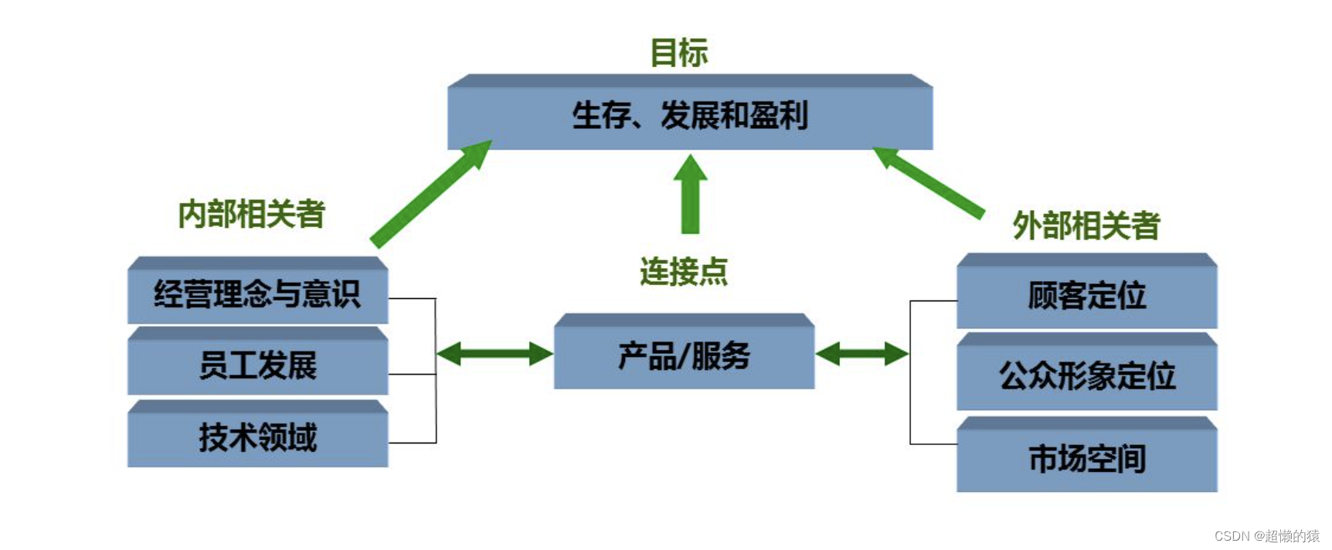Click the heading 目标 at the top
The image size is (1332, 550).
678,53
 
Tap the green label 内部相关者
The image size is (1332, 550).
251,214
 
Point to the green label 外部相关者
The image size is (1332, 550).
1086,226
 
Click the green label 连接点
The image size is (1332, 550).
683,272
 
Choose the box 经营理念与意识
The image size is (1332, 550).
257,294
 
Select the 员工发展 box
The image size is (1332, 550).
257,365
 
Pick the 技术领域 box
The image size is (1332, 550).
257,437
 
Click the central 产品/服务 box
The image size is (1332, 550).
684,356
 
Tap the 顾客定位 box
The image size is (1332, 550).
1086,296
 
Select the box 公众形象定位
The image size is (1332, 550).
1086,376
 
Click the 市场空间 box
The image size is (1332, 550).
1086,459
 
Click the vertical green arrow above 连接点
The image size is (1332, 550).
690,197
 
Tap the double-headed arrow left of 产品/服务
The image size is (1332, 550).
494,355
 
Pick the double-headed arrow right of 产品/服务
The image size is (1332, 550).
862,355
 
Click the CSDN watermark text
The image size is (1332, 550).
1266,536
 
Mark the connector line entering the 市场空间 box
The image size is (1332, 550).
933,444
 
